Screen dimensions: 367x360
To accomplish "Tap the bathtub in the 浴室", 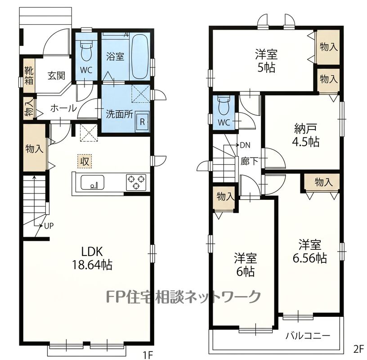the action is [x=140, y=56].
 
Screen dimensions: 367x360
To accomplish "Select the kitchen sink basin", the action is [x=93, y=182].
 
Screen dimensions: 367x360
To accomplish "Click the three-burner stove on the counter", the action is [x=136, y=182].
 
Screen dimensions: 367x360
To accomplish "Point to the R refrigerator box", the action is [x=142, y=122].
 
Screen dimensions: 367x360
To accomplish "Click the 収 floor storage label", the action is [x=85, y=162].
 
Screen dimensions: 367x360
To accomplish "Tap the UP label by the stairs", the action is [x=49, y=226].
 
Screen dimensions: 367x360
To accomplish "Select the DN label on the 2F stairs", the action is [x=245, y=145].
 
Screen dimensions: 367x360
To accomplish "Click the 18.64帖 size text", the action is [x=92, y=265].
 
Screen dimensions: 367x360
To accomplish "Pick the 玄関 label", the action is [x=56, y=76].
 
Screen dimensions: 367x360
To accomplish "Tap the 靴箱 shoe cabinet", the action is [x=29, y=76].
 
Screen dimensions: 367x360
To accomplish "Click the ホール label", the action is [x=64, y=108].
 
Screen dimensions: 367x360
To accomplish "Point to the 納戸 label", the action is [x=305, y=128].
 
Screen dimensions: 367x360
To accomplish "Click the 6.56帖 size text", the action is [x=309, y=258].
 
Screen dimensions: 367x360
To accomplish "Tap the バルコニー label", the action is [x=308, y=336].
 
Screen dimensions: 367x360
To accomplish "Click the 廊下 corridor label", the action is [x=250, y=161].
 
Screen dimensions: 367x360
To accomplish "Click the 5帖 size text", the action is [x=266, y=67].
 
